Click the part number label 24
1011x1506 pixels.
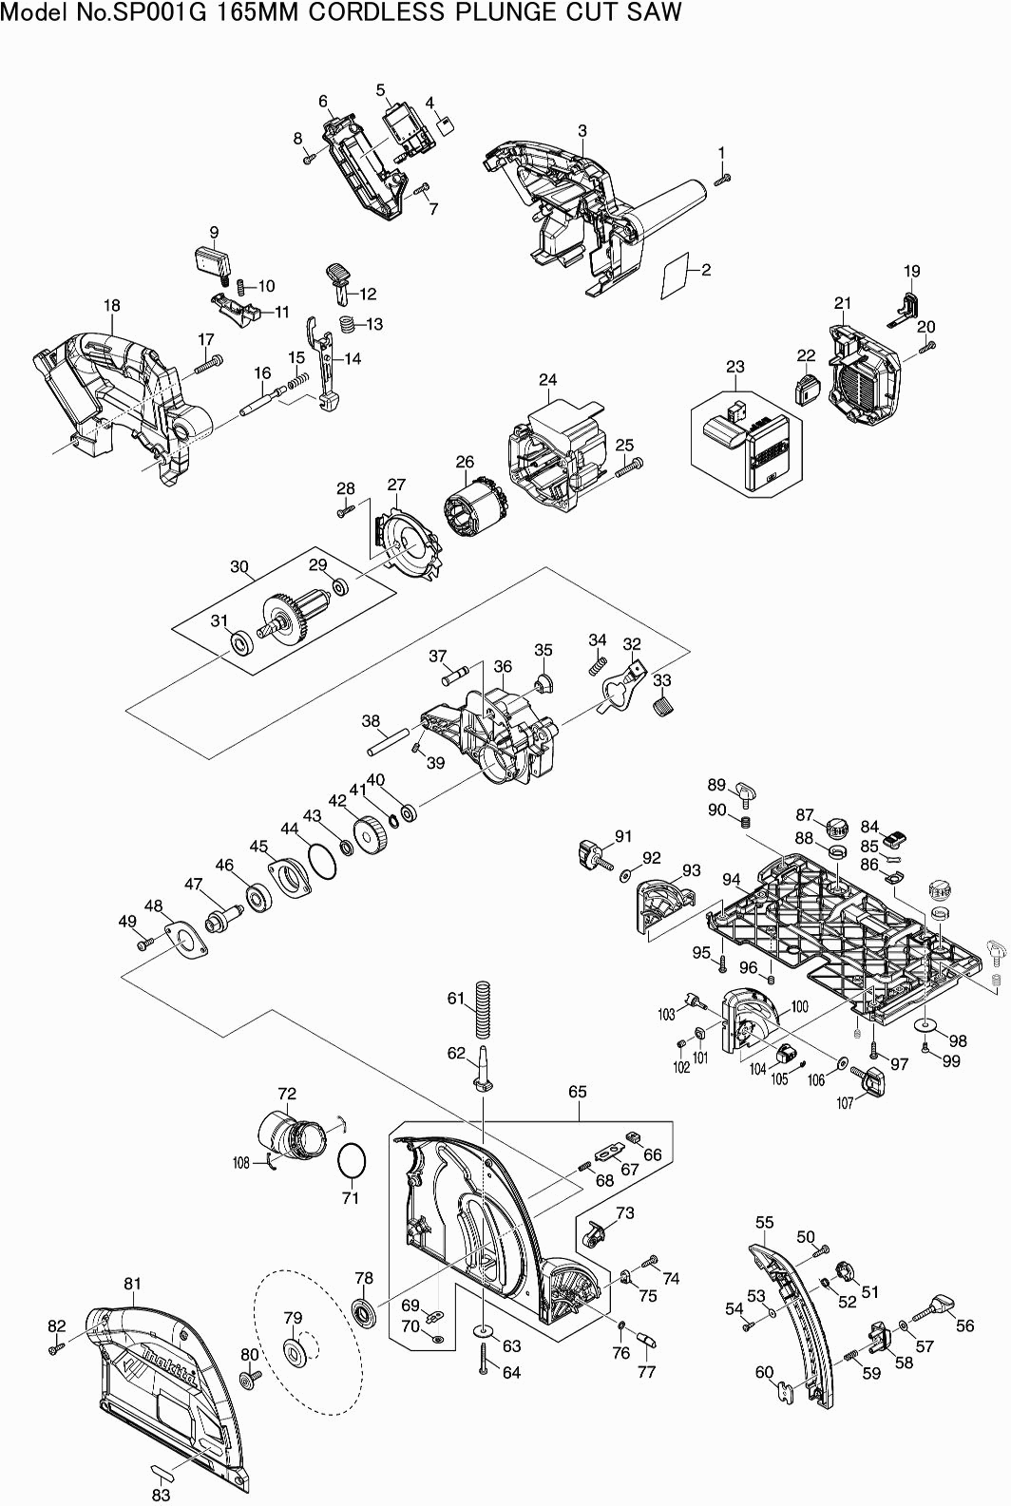(548, 380)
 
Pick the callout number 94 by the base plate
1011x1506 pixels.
(732, 880)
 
